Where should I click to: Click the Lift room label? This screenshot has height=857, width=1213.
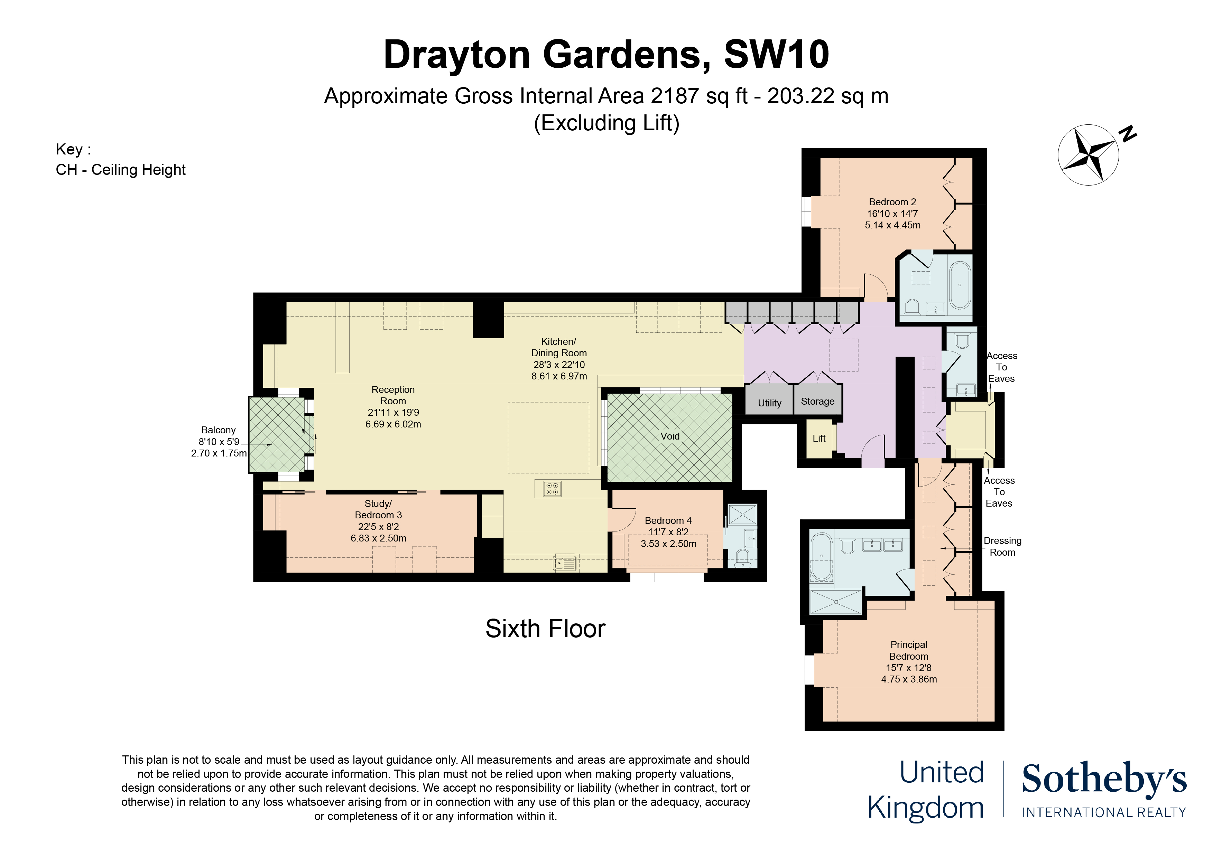tap(819, 438)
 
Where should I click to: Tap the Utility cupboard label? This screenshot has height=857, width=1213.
tap(769, 403)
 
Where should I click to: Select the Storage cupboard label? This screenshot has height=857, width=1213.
tap(817, 401)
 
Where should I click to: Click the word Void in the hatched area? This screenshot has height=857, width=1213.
tap(670, 436)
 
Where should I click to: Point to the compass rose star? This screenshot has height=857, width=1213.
tap(1088, 155)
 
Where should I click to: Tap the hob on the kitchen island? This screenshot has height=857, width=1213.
tap(552, 488)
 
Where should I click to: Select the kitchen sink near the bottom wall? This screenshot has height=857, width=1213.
tap(564, 563)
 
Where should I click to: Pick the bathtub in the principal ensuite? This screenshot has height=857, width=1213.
tap(822, 557)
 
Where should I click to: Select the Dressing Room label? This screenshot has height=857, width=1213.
tap(1002, 547)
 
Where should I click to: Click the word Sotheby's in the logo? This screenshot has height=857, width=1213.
tap(1104, 779)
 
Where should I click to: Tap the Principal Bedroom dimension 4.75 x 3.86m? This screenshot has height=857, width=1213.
tap(909, 679)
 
